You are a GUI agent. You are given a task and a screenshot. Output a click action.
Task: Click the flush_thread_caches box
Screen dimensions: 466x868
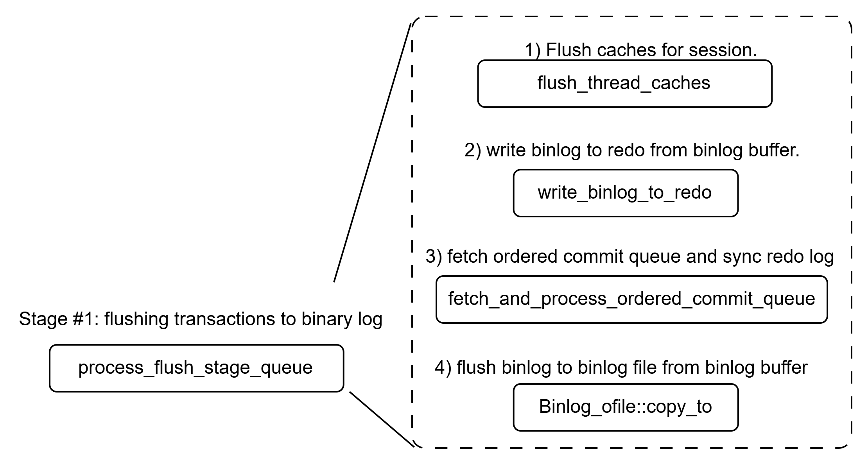[x=624, y=84]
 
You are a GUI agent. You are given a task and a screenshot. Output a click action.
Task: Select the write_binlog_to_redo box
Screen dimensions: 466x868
[x=625, y=193]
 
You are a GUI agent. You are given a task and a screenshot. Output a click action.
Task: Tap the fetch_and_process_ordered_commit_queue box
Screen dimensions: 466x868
[x=631, y=299]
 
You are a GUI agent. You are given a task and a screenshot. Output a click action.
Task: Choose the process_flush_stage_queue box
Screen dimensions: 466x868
[x=196, y=368]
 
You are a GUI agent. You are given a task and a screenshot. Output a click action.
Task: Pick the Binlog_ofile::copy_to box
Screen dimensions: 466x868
[x=625, y=407]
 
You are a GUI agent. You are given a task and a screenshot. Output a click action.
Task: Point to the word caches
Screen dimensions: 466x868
[x=681, y=83]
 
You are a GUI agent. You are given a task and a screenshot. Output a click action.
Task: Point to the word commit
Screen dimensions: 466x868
[x=723, y=299]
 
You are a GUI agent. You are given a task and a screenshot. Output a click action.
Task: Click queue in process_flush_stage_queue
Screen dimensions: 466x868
[x=287, y=368]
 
